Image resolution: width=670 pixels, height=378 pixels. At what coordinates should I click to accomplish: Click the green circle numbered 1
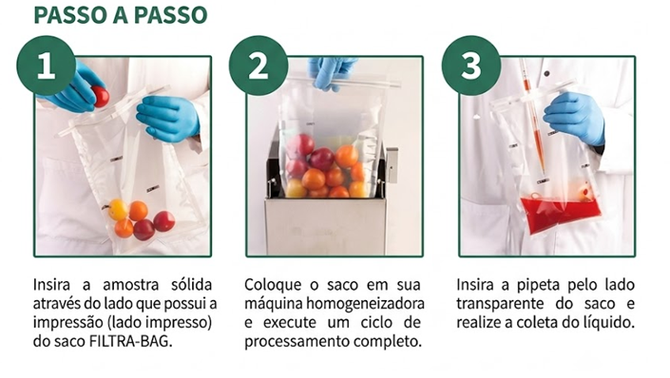click(47, 66)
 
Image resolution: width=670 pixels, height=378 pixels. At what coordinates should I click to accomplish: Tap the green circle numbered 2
click(258, 66)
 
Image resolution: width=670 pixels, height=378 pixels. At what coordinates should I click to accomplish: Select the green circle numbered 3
click(471, 66)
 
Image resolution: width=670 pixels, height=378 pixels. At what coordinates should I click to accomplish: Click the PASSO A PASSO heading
click(121, 15)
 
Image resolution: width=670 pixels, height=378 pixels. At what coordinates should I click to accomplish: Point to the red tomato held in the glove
click(101, 97)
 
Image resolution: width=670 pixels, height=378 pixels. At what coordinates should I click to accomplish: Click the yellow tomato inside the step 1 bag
click(118, 210)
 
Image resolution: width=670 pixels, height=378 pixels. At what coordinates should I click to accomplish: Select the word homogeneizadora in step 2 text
click(365, 304)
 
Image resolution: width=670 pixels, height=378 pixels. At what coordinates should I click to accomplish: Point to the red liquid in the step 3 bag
click(560, 214)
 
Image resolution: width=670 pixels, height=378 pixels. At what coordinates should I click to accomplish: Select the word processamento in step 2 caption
click(297, 342)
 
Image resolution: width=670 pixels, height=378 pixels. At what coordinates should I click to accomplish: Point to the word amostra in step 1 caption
click(131, 285)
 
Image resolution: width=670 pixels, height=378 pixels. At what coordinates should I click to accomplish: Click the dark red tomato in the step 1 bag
click(144, 230)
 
